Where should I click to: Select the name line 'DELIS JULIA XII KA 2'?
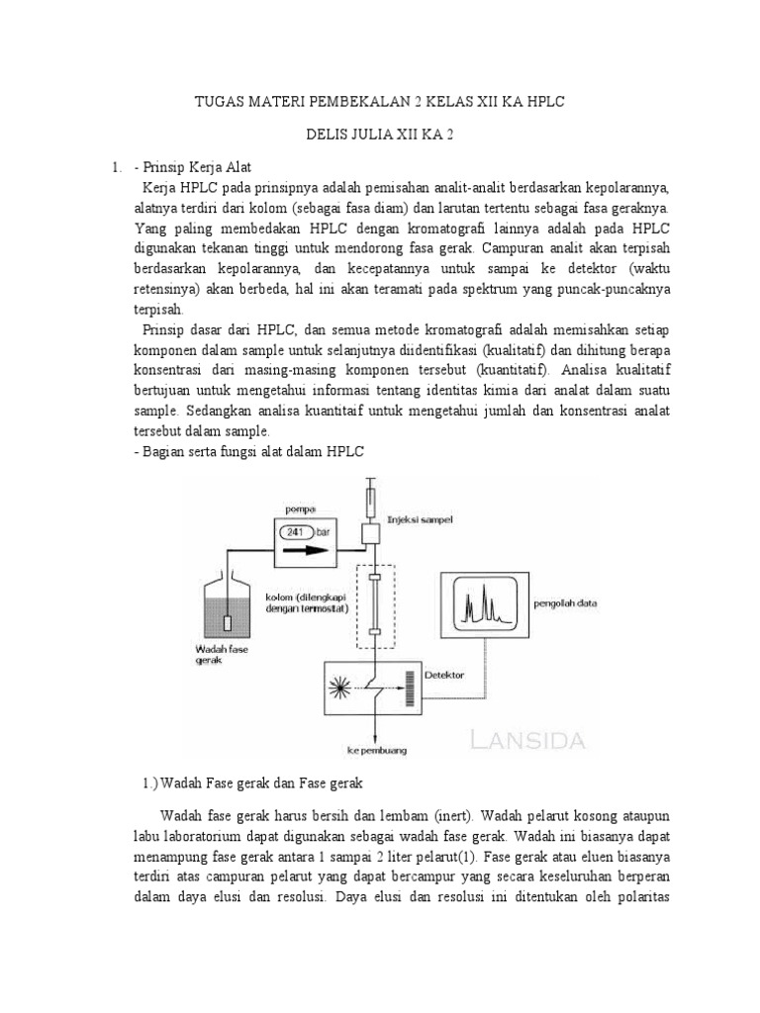point(380,135)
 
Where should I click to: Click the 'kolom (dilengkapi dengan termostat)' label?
point(303,603)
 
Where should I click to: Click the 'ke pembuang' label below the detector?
point(377,750)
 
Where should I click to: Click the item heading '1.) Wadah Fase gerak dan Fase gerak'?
point(254,783)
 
